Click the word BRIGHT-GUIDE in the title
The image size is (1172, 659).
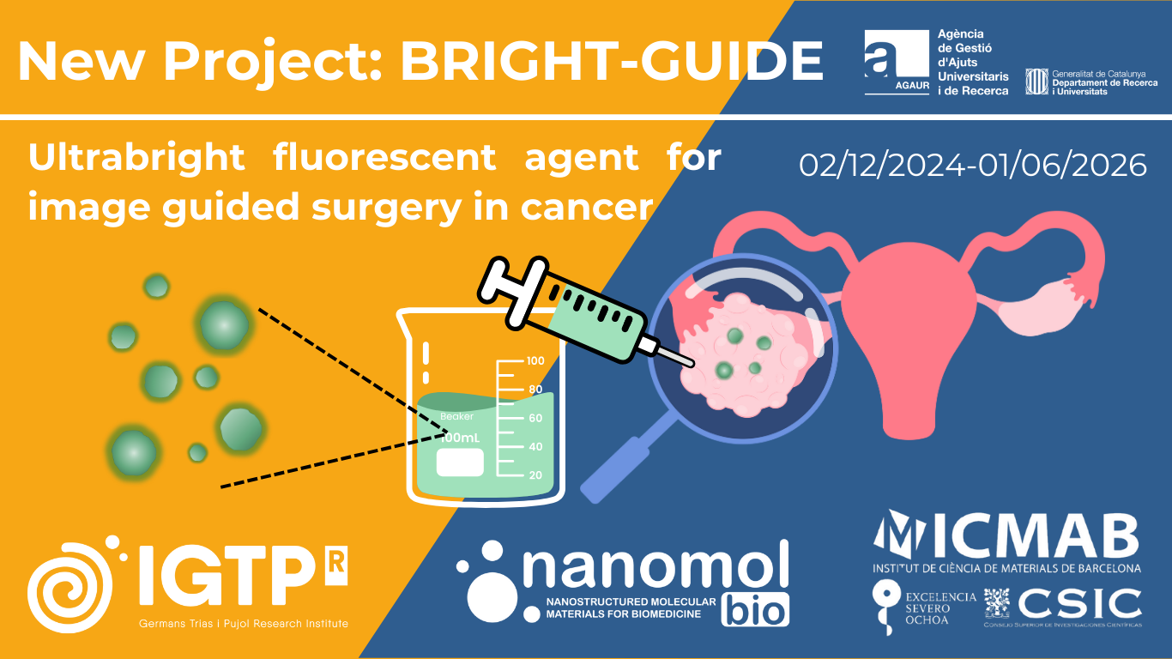pos(612,60)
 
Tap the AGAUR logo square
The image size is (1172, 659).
pos(896,62)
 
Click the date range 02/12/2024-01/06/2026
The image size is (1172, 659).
pos(973,165)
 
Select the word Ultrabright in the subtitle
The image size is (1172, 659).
pos(136,157)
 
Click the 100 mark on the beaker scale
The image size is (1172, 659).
pos(535,361)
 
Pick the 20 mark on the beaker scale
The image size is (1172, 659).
pos(535,475)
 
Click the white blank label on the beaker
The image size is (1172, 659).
pos(460,463)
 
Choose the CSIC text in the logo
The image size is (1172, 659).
pos(1079,604)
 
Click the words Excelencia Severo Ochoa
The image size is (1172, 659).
pos(941,608)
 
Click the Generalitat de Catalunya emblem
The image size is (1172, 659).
pos(1037,82)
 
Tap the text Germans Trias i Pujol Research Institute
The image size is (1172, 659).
pos(244,624)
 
